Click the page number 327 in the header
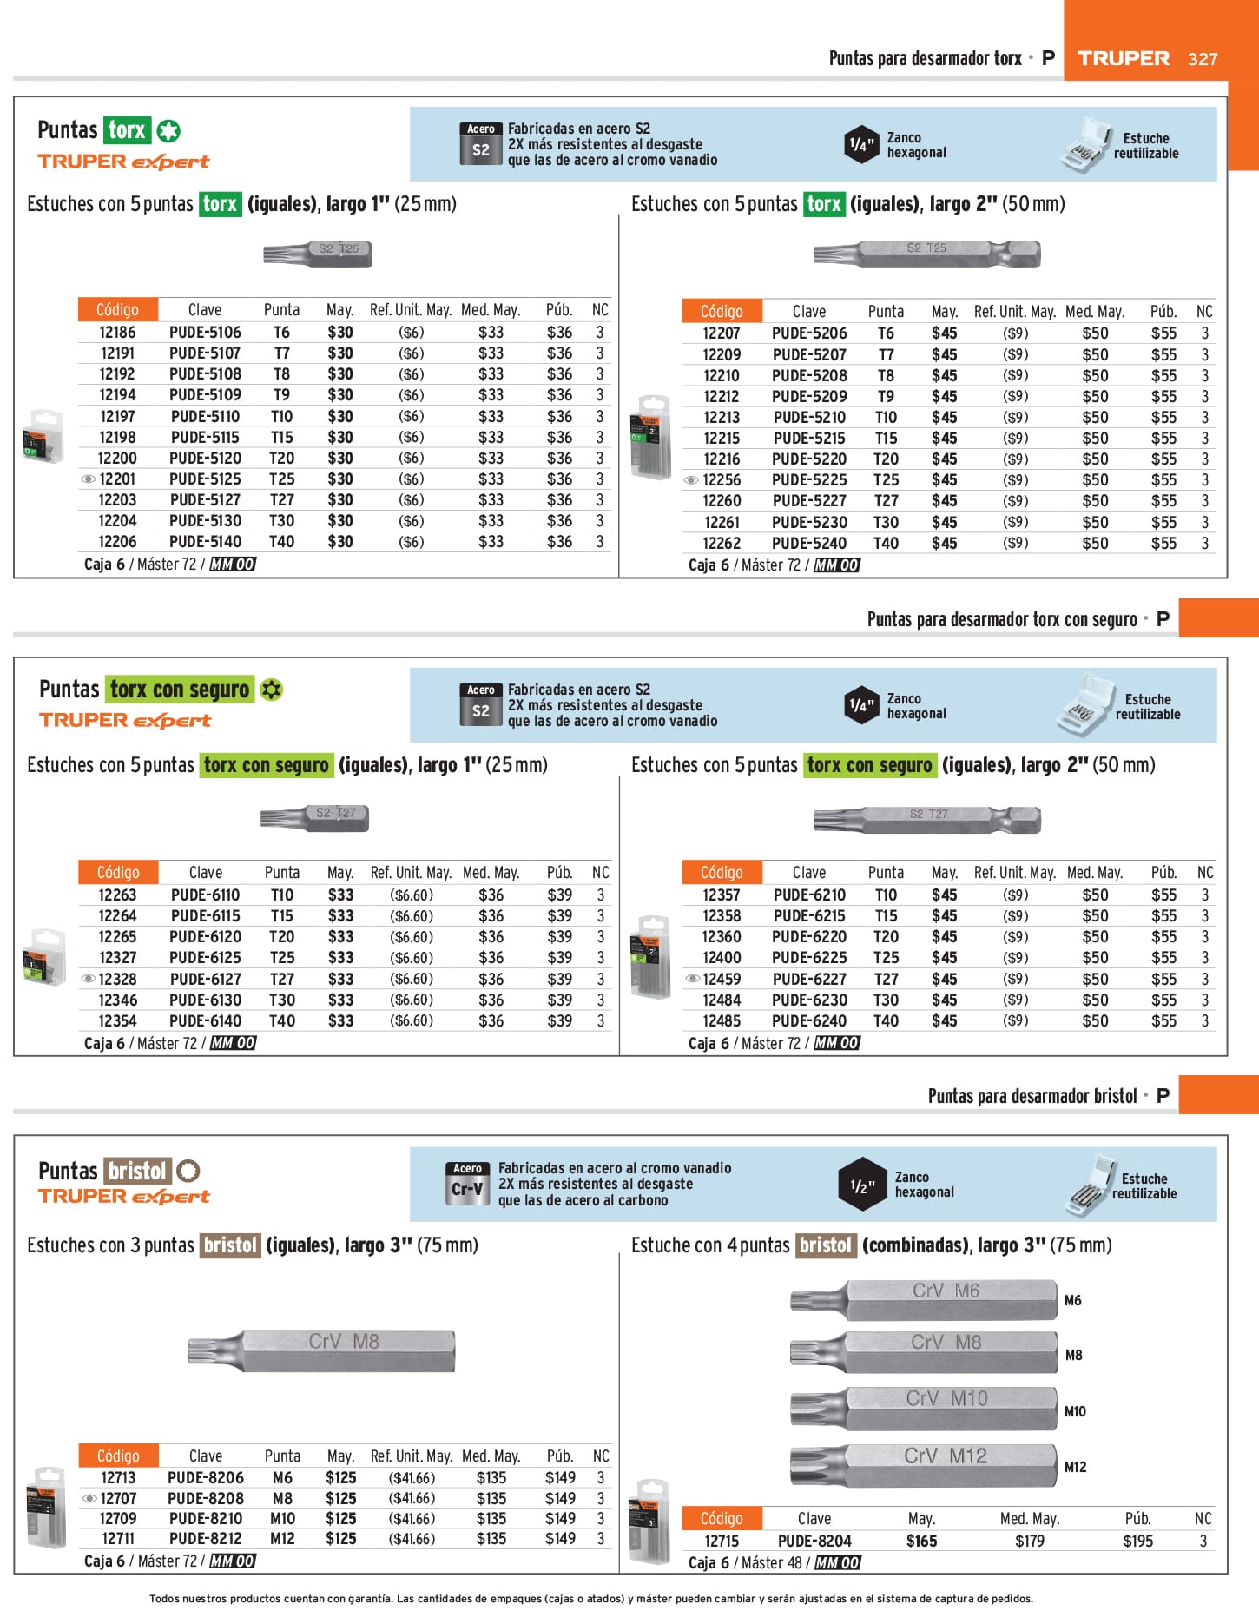point(1203,59)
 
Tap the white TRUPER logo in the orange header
point(1124,59)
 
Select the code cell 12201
point(117,479)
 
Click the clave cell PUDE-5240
point(809,544)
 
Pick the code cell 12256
point(722,480)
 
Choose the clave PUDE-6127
point(206,979)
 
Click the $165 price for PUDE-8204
point(921,1541)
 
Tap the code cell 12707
point(118,1498)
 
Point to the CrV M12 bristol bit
point(923,1465)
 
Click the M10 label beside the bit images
point(1075,1411)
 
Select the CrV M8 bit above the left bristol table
point(321,1350)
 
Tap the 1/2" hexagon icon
point(862,1185)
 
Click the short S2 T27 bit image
point(315,817)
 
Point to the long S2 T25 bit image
point(926,254)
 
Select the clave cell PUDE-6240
point(809,1021)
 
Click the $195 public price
point(1137,1541)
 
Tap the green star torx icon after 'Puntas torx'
point(168,131)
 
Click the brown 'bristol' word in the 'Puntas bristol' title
point(137,1171)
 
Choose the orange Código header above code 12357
point(722,872)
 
